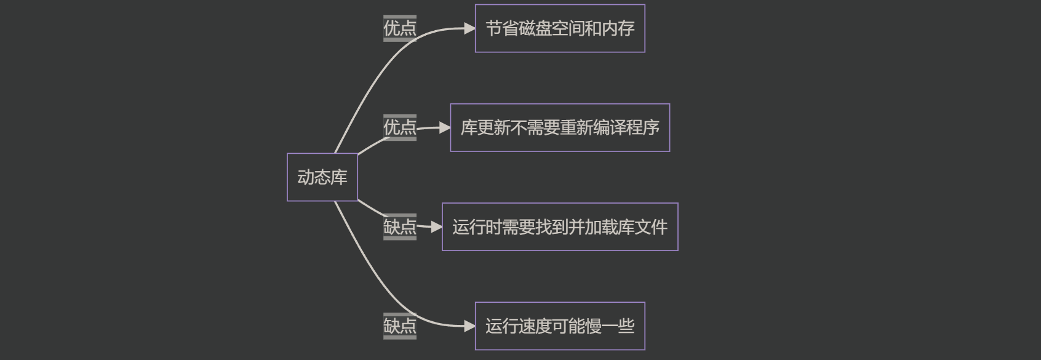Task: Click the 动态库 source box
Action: click(322, 177)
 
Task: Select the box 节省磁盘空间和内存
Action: click(559, 28)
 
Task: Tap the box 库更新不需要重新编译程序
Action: click(559, 127)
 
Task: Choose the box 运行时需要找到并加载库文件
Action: click(559, 226)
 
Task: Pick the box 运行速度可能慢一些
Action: click(559, 326)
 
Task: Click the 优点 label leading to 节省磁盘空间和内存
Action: click(400, 28)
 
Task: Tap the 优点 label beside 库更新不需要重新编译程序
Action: click(400, 127)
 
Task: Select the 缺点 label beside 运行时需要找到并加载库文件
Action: click(400, 226)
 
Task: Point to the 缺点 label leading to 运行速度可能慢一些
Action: click(400, 326)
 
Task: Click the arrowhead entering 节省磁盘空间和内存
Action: click(470, 28)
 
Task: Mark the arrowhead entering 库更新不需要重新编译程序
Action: click(445, 127)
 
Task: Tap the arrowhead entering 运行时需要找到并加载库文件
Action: click(437, 226)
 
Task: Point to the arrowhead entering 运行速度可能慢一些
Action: click(470, 326)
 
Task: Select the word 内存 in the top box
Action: click(618, 28)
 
